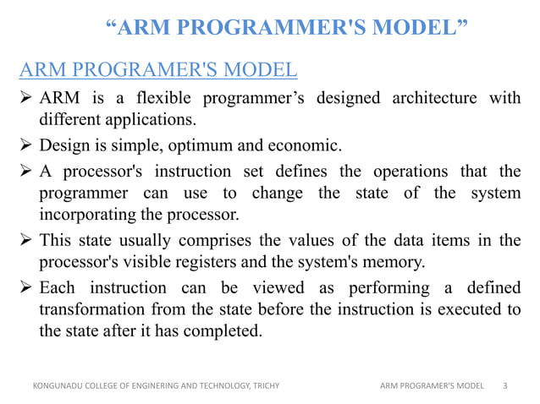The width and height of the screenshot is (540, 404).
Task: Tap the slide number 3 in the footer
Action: pos(505,386)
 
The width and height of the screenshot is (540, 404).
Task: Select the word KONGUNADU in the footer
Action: pos(57,386)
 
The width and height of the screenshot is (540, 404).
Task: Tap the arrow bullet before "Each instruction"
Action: pos(26,290)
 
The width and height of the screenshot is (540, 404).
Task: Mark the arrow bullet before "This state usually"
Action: pos(26,241)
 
